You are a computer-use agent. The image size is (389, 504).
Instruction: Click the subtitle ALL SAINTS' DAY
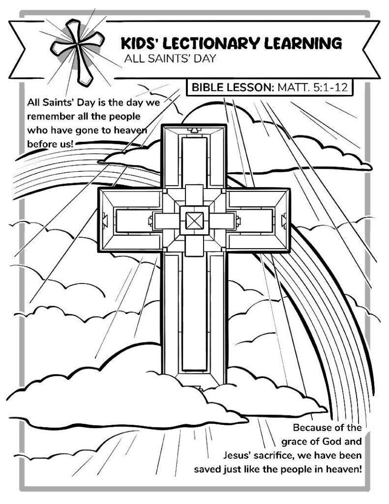point(170,59)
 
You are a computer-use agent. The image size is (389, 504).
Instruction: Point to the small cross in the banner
point(77,51)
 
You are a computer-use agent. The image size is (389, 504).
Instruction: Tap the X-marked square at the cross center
point(194,221)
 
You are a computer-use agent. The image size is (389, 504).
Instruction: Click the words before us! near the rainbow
point(51,144)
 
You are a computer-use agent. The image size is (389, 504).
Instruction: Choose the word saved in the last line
point(207,469)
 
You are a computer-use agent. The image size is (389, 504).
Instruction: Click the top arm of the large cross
point(194,156)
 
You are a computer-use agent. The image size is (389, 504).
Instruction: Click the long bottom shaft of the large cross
point(194,318)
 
